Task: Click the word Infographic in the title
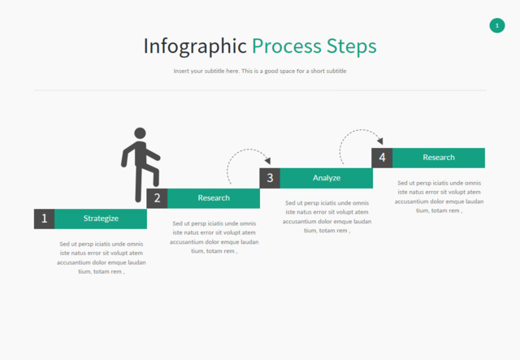(195, 46)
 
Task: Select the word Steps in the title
(351, 46)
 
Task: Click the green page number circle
(497, 26)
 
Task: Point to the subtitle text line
(260, 72)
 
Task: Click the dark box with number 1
(45, 219)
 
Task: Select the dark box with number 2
(157, 197)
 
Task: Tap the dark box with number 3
(270, 178)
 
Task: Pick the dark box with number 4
(382, 158)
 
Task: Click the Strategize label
(101, 219)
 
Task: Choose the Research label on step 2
(214, 197)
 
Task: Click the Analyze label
(327, 178)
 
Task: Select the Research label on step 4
(439, 158)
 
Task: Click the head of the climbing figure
(140, 133)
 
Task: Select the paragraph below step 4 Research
(440, 197)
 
